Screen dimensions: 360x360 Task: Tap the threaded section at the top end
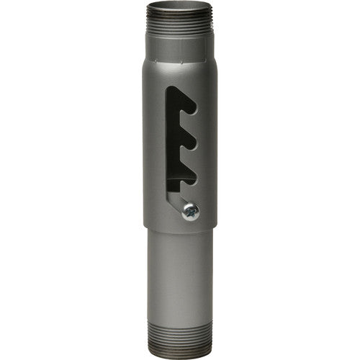(180, 25)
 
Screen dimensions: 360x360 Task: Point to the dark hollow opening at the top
(180, 8)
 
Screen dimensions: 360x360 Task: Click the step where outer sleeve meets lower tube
(180, 229)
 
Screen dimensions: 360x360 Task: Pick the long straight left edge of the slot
(167, 144)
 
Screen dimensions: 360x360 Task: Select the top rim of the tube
(180, 4)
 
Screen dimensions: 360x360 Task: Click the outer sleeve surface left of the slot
(155, 144)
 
